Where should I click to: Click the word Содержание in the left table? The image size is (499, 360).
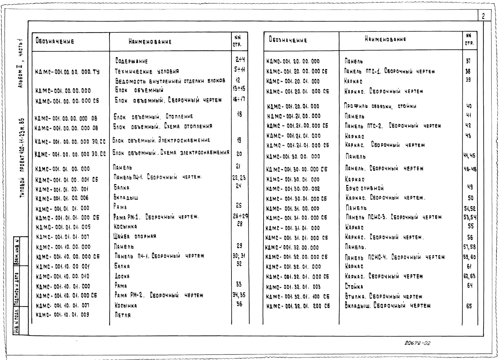(x=132, y=61)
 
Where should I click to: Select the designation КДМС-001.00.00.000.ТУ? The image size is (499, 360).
(x=67, y=72)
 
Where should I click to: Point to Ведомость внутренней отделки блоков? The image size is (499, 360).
(x=170, y=81)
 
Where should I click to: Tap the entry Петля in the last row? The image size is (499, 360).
(x=123, y=315)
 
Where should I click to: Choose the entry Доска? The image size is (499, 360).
(x=122, y=276)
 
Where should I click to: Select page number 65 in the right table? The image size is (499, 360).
(x=469, y=306)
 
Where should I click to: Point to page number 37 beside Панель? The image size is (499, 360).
(x=468, y=61)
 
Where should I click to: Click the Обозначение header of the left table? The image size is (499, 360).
(x=55, y=41)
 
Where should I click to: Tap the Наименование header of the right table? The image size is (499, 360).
(x=385, y=39)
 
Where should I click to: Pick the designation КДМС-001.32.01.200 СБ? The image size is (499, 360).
(x=298, y=306)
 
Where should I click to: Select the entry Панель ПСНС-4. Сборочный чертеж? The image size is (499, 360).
(x=395, y=257)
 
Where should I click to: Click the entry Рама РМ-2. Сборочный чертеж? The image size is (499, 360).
(x=159, y=295)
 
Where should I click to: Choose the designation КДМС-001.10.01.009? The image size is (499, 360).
(x=63, y=315)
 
